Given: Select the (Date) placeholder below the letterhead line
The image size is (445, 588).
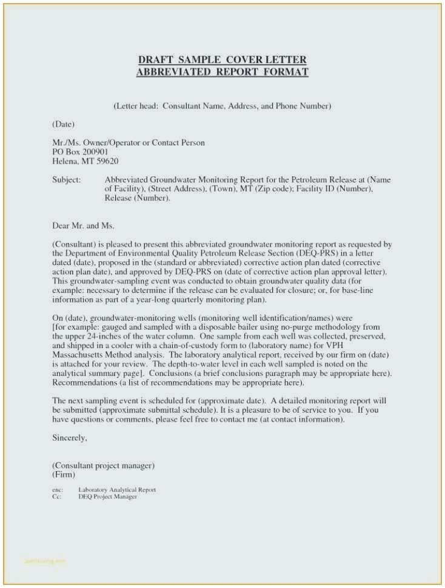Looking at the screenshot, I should (63, 124).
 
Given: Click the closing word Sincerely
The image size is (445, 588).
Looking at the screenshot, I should (70, 437).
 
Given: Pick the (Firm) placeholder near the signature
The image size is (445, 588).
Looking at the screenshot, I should (64, 475).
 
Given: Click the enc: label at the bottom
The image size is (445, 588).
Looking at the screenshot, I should (58, 490).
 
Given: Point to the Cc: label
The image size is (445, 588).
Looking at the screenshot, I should (56, 496).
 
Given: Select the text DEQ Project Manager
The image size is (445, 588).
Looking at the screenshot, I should (107, 496).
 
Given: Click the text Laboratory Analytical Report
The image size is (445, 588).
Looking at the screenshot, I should (117, 490).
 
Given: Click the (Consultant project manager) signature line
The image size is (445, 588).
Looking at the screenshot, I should (103, 466).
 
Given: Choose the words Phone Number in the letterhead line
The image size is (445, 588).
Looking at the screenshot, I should (303, 105).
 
